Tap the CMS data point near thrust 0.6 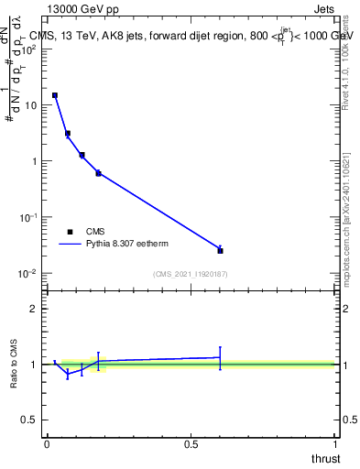click(220, 250)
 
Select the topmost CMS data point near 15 click(55, 95)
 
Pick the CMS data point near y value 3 click(68, 134)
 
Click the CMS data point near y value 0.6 click(98, 173)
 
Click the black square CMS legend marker click(70, 232)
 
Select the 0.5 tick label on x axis click(191, 443)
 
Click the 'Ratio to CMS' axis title click(13, 365)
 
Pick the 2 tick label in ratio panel click(33, 309)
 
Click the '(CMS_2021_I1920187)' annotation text click(191, 274)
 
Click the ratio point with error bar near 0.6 click(220, 357)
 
